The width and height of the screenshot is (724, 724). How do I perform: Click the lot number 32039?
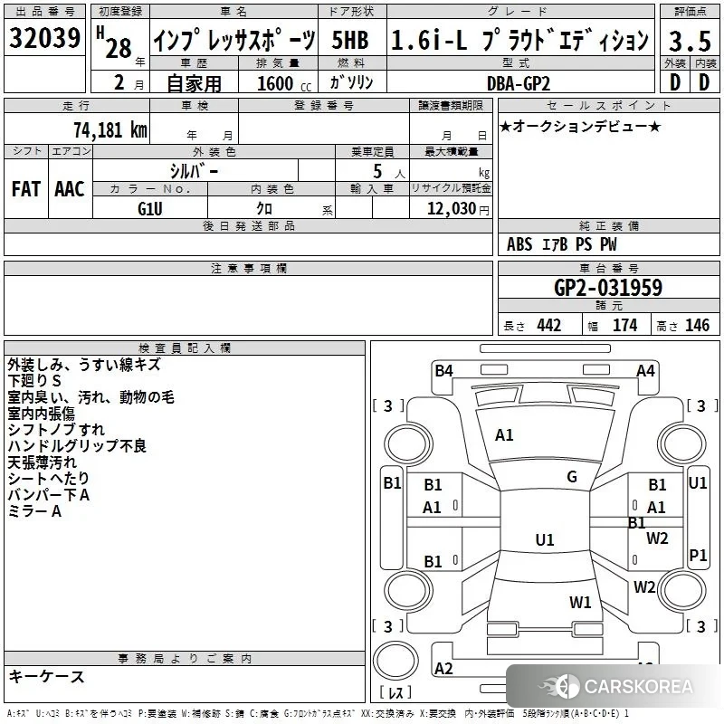point(44,37)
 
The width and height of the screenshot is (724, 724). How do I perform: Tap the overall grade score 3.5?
point(690,41)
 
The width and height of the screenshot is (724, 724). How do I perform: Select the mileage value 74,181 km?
point(110,129)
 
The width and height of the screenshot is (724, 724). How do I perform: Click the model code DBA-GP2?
point(519,83)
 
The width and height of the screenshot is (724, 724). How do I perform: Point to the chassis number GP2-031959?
point(608,288)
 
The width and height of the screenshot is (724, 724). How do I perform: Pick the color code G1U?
point(150,209)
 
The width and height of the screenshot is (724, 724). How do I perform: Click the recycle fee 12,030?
point(451,209)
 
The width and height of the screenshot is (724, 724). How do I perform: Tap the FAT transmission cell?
point(26,189)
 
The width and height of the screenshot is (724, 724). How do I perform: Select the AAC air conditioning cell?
point(70,189)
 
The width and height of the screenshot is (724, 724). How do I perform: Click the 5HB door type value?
point(350,40)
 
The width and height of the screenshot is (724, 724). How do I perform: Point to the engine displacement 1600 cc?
point(284,83)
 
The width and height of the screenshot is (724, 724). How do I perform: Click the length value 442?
point(549,326)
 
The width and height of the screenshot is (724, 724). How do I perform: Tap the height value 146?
point(697,326)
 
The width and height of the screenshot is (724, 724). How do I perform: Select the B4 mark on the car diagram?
point(443,370)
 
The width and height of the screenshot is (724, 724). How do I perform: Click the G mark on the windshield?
point(572,477)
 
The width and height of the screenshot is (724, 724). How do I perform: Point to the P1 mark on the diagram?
point(698,555)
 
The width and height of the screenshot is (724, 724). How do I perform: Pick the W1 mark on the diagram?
point(580,602)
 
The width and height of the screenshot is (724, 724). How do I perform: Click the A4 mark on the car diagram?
point(645,370)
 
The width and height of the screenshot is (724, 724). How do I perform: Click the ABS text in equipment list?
point(519,244)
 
